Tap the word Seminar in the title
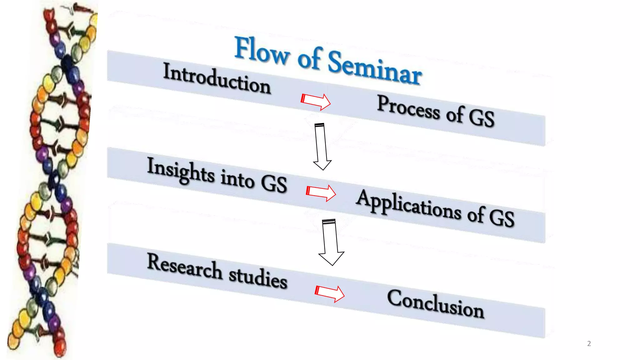click(x=374, y=68)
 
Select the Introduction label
click(x=217, y=78)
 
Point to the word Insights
click(x=181, y=171)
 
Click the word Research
click(x=184, y=267)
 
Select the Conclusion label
click(x=435, y=304)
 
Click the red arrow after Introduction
click(x=316, y=101)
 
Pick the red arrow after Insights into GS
click(x=321, y=192)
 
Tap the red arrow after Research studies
click(x=330, y=293)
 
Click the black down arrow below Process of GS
click(x=321, y=146)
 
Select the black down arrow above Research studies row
click(x=331, y=242)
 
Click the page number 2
click(x=589, y=343)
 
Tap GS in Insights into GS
click(x=274, y=183)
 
